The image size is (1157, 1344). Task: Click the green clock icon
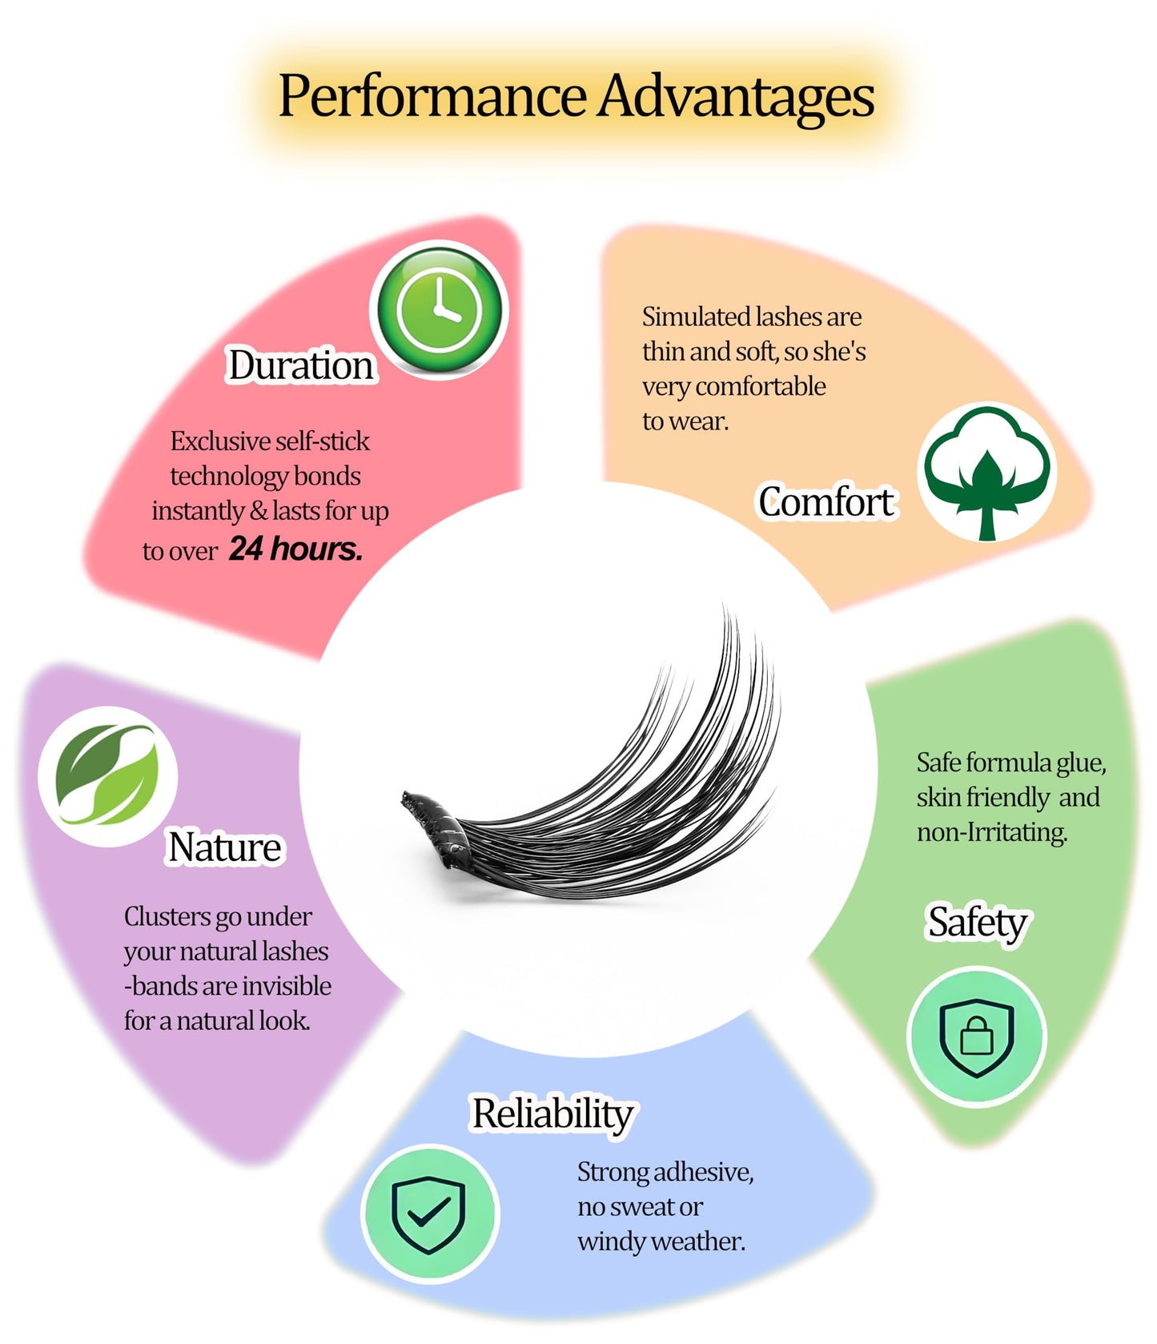[x=439, y=310]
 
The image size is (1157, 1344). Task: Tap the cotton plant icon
[x=987, y=473]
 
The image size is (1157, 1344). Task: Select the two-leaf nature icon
[x=107, y=775]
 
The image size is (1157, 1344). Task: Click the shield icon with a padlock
[x=977, y=1036]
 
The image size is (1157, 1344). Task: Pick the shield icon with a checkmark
[x=430, y=1213]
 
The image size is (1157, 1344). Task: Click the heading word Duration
[x=301, y=365]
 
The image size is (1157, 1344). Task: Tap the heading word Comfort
[x=826, y=502]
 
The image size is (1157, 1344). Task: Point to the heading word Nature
[x=225, y=847]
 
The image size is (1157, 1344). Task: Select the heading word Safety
[x=977, y=923]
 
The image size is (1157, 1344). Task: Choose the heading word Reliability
[x=553, y=1114]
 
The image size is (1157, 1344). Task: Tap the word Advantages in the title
[x=737, y=98]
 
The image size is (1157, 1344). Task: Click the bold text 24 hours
[x=296, y=549]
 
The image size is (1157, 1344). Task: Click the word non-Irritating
[x=992, y=832]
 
